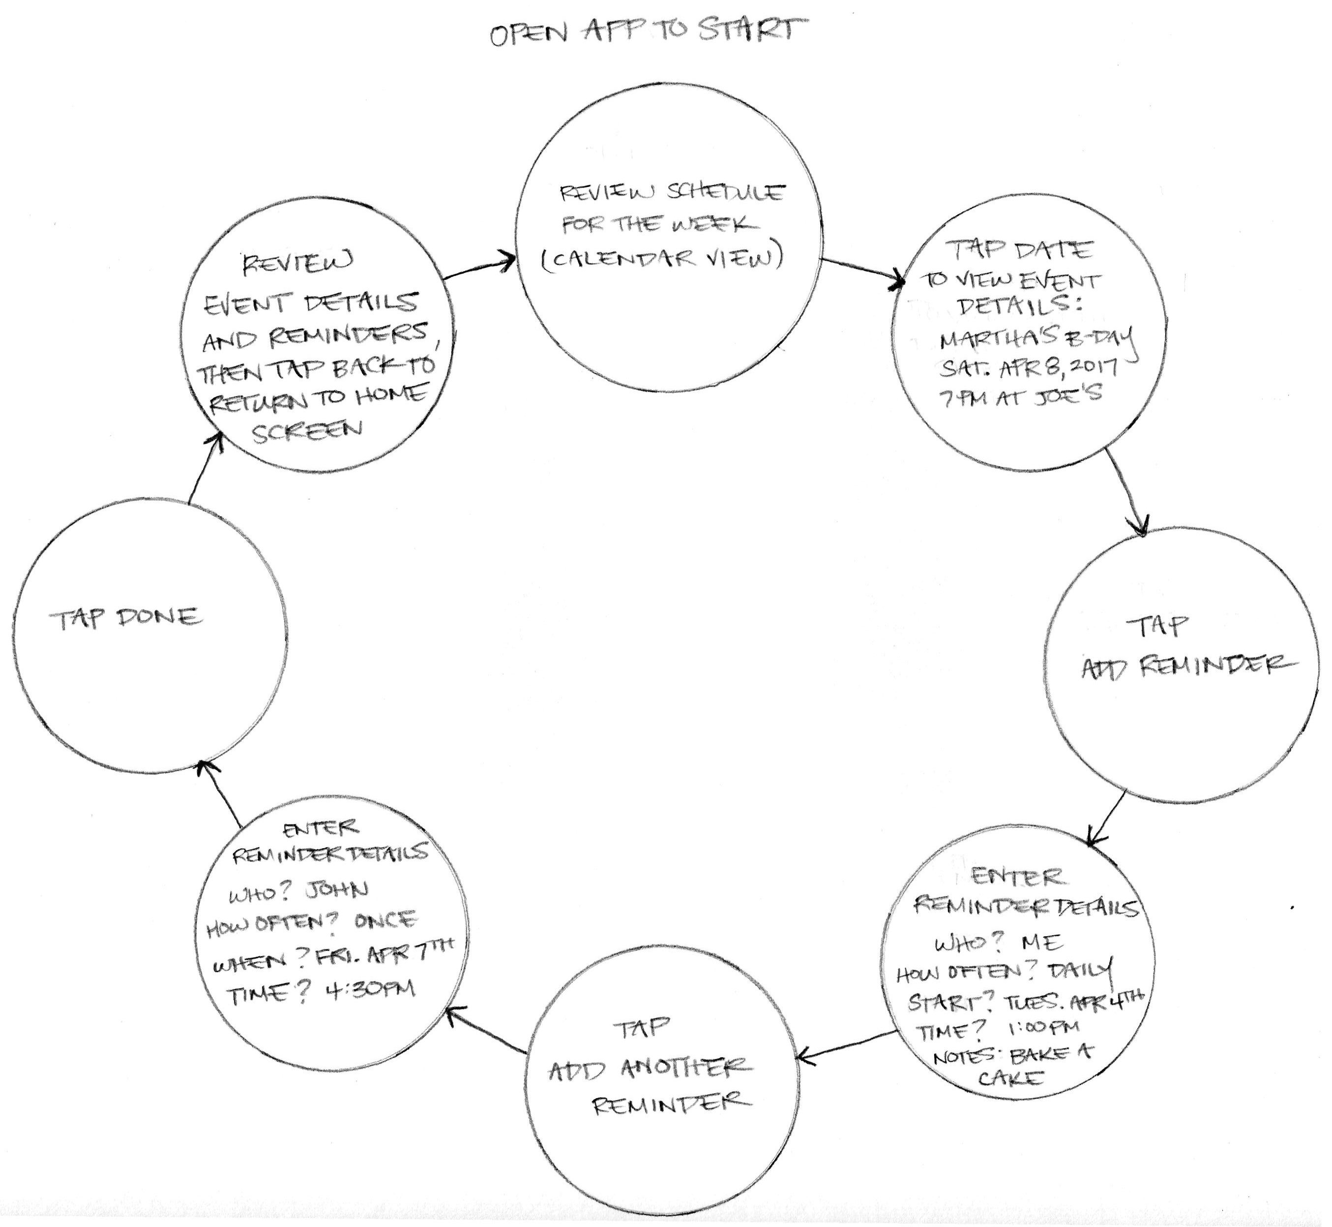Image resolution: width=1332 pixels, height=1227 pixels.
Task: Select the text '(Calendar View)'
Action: (x=662, y=258)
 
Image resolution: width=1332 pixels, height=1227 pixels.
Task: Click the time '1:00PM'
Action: (x=1043, y=1028)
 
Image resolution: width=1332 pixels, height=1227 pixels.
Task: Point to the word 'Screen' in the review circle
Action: (x=307, y=431)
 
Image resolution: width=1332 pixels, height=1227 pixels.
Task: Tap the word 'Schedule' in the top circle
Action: (x=725, y=192)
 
